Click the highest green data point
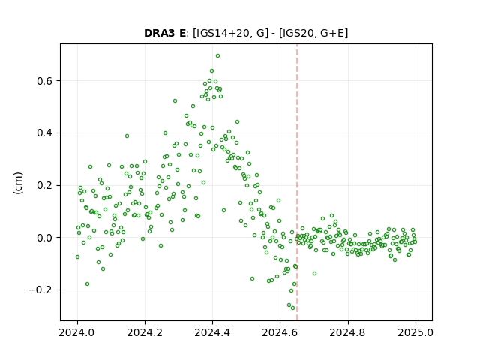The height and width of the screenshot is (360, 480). click(217, 56)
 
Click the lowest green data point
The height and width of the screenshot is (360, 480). click(293, 307)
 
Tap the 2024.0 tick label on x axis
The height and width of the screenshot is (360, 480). click(76, 332)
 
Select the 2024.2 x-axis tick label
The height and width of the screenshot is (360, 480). click(145, 332)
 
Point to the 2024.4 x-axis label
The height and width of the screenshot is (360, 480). click(212, 332)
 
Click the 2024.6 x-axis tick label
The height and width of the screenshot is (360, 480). click(280, 332)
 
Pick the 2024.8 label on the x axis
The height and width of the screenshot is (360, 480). click(347, 332)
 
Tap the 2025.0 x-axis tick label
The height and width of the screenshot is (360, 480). click(415, 332)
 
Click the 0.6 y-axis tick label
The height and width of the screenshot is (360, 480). click(45, 81)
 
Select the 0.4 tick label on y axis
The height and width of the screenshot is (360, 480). click(45, 133)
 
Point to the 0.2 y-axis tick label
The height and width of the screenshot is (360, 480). click(45, 185)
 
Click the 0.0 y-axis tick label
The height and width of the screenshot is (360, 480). click(45, 238)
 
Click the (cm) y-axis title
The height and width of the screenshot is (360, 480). click(18, 183)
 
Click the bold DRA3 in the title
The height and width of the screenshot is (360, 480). click(160, 33)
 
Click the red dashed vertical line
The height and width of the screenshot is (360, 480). click(297, 182)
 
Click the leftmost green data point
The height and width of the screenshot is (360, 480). click(77, 256)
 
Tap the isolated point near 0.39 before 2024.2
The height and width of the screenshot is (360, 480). click(127, 136)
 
